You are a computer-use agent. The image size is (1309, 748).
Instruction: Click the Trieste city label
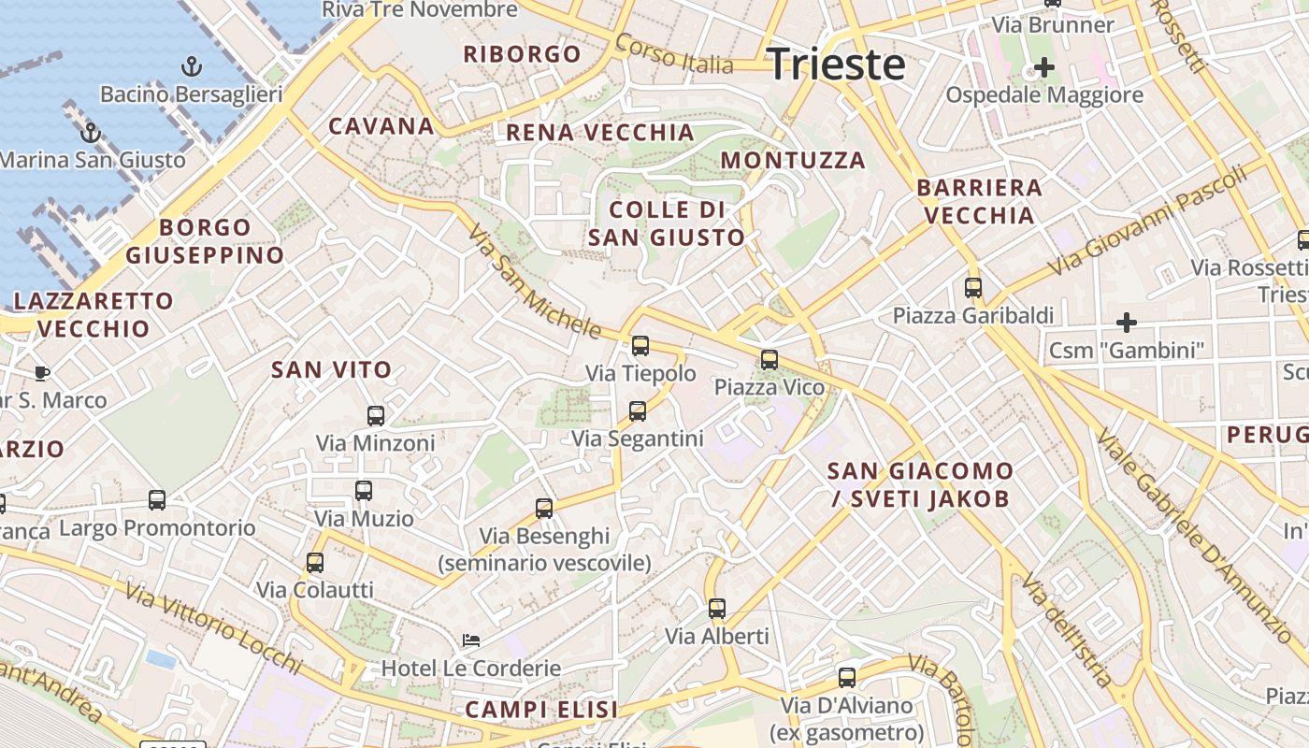[x=836, y=64]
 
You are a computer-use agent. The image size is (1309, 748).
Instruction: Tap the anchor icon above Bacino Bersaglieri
[x=192, y=66]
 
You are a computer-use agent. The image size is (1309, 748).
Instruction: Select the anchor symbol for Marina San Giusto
[x=91, y=132]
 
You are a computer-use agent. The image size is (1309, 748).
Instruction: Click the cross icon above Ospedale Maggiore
[x=1043, y=67]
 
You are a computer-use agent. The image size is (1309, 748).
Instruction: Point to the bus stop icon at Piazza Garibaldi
[x=973, y=288]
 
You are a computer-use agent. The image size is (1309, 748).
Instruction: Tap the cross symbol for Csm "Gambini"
[x=1127, y=323]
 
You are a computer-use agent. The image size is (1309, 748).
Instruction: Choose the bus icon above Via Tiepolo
[x=640, y=346]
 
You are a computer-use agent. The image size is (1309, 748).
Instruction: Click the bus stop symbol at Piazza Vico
[x=770, y=359]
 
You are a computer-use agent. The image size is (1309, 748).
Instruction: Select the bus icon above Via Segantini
[x=638, y=410]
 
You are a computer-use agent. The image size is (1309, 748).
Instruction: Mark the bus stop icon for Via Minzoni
[x=376, y=415]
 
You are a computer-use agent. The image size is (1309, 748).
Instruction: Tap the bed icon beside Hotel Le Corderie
[x=472, y=640]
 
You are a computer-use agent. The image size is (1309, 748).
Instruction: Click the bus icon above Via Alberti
[x=717, y=609]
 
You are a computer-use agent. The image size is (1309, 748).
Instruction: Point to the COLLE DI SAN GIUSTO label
[x=667, y=223]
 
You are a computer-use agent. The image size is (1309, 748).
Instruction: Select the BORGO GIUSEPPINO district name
[x=205, y=241]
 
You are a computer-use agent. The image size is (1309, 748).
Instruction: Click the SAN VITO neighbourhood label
[x=331, y=369]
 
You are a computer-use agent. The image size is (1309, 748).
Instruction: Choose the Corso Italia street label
[x=674, y=55]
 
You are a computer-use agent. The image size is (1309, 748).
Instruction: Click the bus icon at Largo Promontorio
[x=157, y=500]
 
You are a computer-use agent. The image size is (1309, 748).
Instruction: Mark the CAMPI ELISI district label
[x=541, y=709]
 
